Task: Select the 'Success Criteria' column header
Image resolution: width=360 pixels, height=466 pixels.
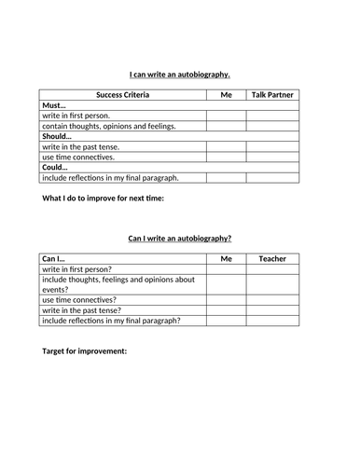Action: click(122, 94)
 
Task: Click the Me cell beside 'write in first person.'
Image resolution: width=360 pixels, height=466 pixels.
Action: click(226, 116)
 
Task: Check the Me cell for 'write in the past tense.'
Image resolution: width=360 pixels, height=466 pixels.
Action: click(226, 146)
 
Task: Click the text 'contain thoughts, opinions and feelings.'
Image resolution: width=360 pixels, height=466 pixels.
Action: click(108, 126)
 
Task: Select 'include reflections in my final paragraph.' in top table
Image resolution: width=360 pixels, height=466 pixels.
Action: click(110, 177)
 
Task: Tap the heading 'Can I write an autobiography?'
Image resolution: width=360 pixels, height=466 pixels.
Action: click(179, 238)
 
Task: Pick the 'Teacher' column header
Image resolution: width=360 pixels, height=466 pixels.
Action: click(272, 258)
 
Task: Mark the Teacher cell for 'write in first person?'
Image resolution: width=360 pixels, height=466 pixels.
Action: click(272, 268)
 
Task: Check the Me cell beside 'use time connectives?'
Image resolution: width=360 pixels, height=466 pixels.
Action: click(226, 300)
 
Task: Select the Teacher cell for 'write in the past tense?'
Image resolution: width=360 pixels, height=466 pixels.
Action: click(272, 310)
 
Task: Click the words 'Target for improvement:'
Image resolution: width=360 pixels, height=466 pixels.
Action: click(85, 351)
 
